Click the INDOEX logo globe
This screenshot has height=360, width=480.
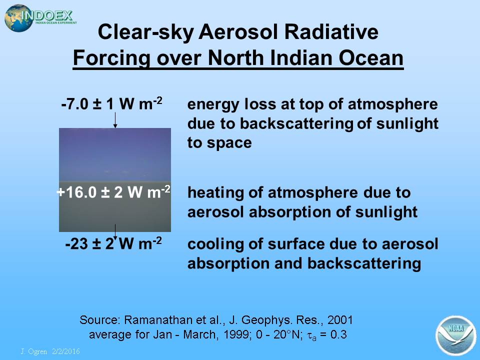[18, 18]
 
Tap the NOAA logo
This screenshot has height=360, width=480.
[455, 335]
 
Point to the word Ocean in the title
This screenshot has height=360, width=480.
[370, 58]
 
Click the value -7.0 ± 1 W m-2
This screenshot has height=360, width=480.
[111, 103]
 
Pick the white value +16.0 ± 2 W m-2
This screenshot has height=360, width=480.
[113, 192]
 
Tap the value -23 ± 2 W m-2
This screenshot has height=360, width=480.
[113, 243]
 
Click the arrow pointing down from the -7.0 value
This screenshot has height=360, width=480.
[115, 120]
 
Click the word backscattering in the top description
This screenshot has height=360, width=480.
[296, 124]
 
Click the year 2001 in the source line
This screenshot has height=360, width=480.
[340, 320]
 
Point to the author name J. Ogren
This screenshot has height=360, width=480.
[33, 351]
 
